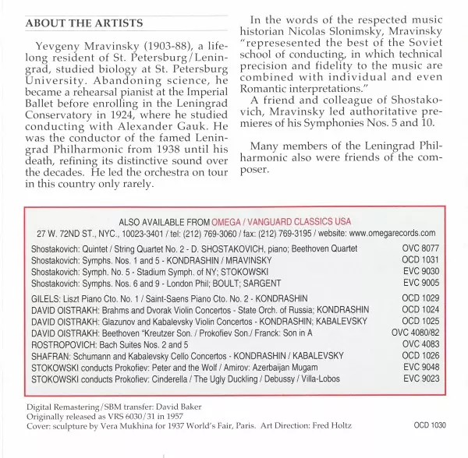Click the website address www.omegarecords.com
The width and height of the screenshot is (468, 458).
tap(393, 233)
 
